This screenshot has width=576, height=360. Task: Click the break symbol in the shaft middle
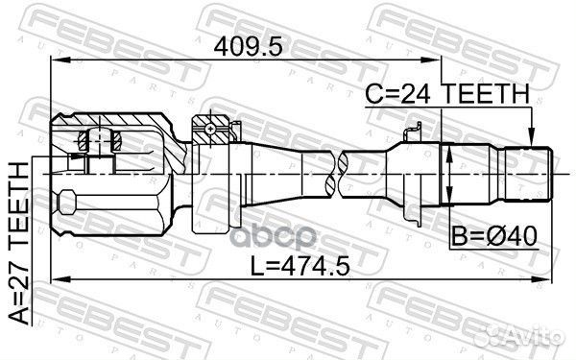[x=337, y=174]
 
